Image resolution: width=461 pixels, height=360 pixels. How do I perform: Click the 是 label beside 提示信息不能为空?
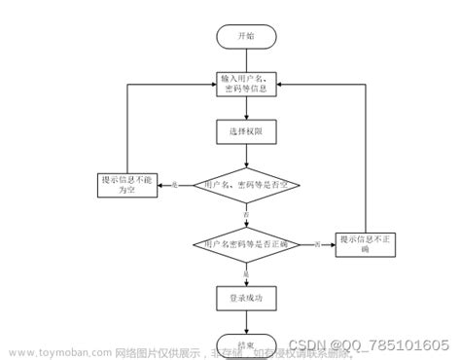pyautogui.click(x=174, y=183)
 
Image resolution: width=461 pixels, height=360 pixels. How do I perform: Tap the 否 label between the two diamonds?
pyautogui.click(x=246, y=212)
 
